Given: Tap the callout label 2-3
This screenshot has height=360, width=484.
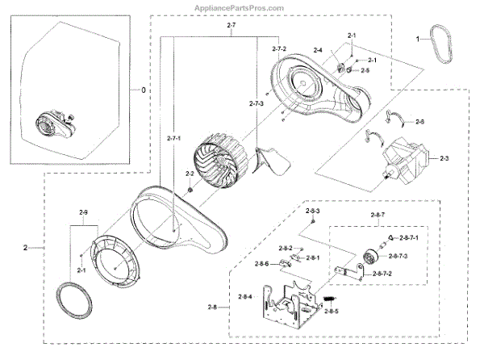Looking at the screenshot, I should click(x=444, y=159).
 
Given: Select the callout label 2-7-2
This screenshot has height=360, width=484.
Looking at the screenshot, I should click(x=278, y=51).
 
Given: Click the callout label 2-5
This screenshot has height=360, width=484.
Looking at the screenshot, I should click(x=365, y=71).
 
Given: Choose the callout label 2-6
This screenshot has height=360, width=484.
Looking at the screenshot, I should click(x=419, y=121).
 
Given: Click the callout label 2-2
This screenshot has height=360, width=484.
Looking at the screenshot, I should click(x=190, y=174).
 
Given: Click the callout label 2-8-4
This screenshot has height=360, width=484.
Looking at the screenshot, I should click(x=245, y=297).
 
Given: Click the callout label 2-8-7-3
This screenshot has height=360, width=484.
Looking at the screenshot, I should click(x=398, y=256).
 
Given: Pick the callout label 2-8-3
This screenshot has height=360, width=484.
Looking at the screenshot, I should click(x=315, y=211).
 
